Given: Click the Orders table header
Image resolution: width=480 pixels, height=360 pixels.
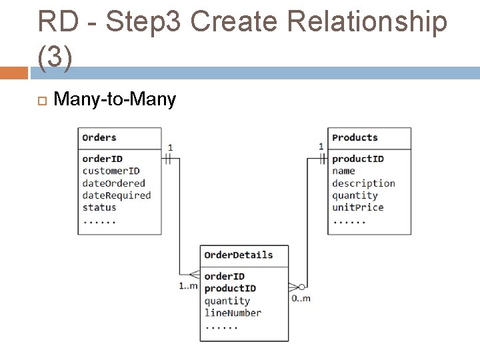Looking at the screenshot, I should (x=99, y=138).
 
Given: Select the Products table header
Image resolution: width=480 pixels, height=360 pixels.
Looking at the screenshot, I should (x=355, y=138).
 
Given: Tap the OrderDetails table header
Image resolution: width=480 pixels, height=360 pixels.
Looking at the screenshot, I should (x=238, y=255).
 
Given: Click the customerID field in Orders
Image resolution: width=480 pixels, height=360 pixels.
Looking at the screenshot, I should (x=111, y=171).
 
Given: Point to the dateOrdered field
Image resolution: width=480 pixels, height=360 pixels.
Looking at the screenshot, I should (x=113, y=183).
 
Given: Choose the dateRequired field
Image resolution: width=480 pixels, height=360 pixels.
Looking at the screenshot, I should (x=116, y=195).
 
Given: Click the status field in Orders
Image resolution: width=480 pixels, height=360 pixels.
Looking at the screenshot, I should (x=99, y=207).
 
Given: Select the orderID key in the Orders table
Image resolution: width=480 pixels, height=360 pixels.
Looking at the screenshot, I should (x=102, y=159).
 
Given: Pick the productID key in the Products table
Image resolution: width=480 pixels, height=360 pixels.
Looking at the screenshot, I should (x=357, y=159).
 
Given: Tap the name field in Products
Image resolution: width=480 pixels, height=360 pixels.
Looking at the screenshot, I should (x=343, y=171).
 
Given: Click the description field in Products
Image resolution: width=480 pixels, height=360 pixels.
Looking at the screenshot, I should (x=363, y=183).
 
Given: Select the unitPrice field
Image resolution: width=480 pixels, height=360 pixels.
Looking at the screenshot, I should (x=357, y=207).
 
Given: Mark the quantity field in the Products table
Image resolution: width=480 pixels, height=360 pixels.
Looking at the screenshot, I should (x=355, y=195).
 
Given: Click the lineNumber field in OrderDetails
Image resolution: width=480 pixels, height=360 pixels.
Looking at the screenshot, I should (x=233, y=313).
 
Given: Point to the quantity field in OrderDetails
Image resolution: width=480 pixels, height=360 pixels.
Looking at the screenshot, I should (x=227, y=301).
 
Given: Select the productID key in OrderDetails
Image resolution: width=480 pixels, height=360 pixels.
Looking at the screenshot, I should (x=229, y=289).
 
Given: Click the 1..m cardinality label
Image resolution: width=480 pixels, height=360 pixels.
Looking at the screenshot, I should (x=188, y=286).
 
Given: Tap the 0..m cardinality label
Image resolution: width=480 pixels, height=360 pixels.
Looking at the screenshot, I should (x=301, y=298).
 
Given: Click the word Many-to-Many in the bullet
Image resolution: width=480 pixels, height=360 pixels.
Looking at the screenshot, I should (x=115, y=100).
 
